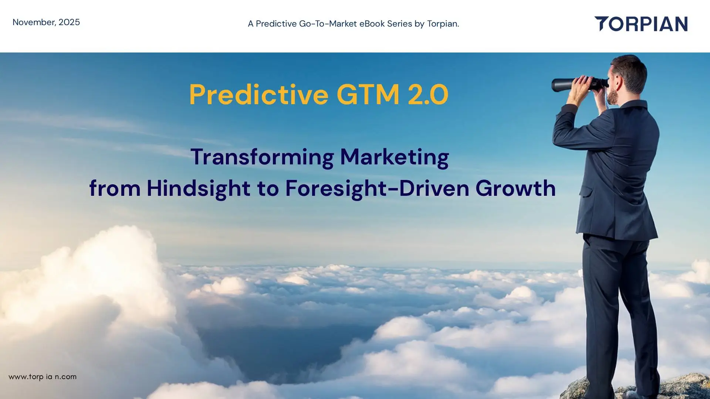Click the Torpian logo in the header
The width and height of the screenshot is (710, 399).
[x=641, y=24]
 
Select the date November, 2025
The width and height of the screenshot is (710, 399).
[x=46, y=22]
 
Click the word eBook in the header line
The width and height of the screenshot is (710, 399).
[x=372, y=24]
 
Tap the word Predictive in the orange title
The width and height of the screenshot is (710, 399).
[x=258, y=95]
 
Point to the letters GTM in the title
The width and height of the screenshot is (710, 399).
[x=368, y=95]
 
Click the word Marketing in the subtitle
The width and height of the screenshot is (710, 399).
[x=394, y=157]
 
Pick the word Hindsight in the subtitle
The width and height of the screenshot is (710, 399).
[x=199, y=188]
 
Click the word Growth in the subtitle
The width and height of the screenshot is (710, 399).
[x=515, y=188]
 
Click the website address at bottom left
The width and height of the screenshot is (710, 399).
[x=43, y=377]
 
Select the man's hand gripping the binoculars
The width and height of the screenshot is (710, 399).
[x=581, y=89]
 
